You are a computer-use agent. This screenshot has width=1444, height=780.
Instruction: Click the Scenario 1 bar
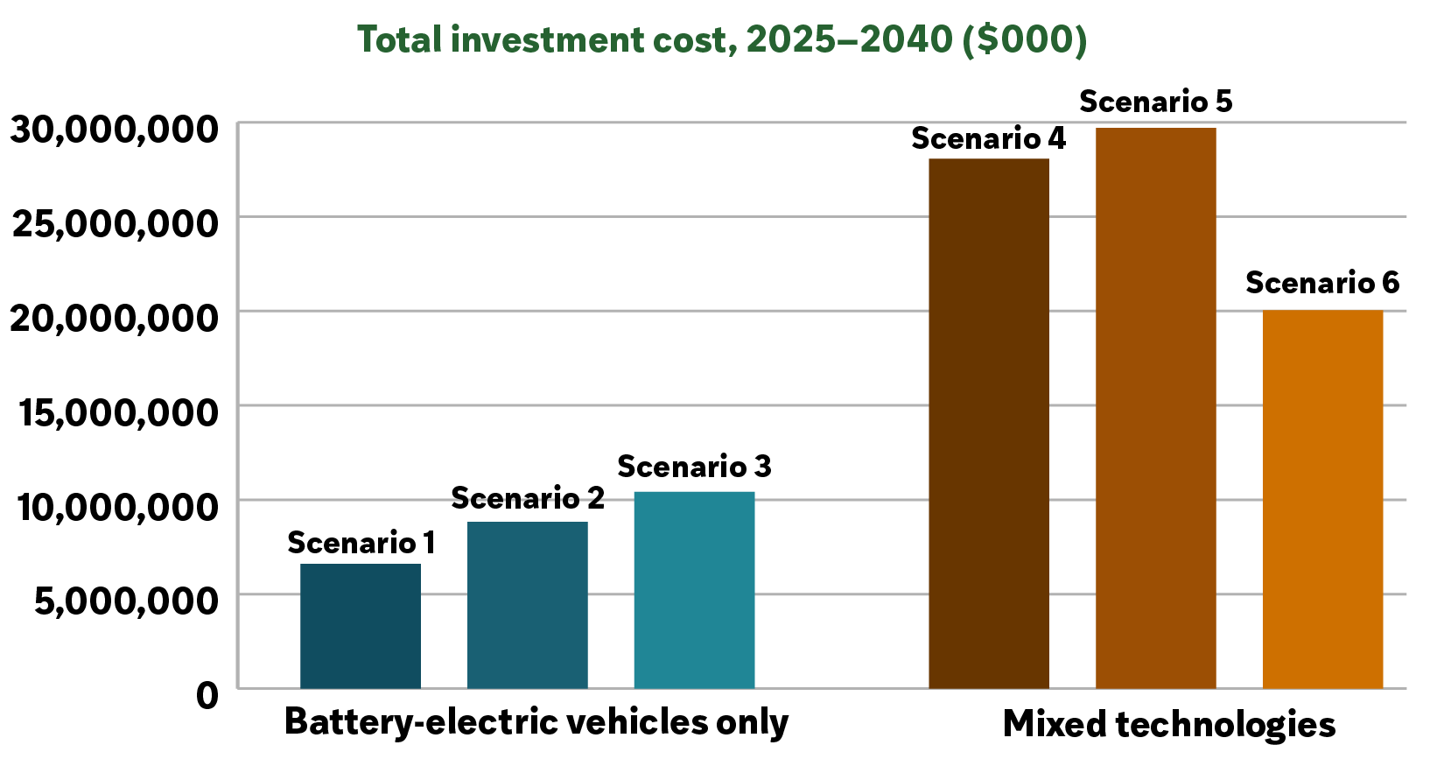tap(361, 626)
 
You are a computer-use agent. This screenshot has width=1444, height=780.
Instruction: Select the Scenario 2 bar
tap(528, 605)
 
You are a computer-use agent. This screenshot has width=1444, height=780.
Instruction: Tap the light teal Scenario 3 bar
tap(694, 590)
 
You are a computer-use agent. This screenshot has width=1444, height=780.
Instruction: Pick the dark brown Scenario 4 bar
tap(989, 424)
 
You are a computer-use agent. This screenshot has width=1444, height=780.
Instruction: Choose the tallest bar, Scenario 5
tap(1156, 408)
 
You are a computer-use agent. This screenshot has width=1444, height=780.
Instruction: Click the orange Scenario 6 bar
tap(1323, 499)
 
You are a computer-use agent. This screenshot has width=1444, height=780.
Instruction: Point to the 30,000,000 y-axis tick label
tap(114, 130)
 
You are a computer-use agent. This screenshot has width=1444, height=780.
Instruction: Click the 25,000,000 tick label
tap(116, 225)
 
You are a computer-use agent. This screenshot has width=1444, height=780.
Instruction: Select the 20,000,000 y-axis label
tap(114, 319)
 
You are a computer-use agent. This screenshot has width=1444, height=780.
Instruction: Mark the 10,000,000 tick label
tap(118, 508)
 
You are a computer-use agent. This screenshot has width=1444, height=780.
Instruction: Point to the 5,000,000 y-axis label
tap(126, 601)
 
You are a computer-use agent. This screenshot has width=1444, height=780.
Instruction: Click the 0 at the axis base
tap(207, 696)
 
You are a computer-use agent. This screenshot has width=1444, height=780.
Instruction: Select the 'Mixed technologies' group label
tap(1169, 725)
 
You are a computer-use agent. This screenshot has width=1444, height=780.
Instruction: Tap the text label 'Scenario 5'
tap(1156, 102)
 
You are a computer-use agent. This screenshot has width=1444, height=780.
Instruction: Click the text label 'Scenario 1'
tap(361, 543)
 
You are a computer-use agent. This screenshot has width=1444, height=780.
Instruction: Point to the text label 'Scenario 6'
tap(1323, 283)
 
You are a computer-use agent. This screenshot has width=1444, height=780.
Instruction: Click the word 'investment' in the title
tap(547, 39)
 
